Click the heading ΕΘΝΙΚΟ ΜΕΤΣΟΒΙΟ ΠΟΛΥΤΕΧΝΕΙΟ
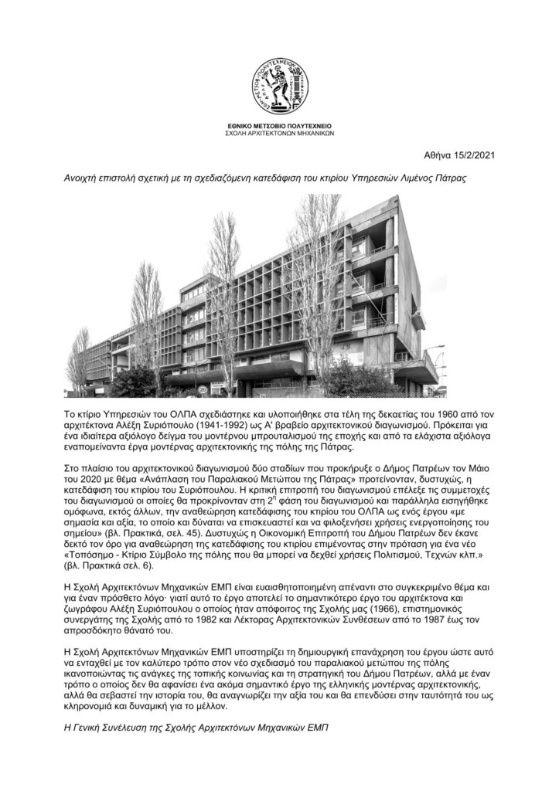point(279,124)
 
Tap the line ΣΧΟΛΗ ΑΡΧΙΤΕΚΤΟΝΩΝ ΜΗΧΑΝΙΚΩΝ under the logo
point(279,132)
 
